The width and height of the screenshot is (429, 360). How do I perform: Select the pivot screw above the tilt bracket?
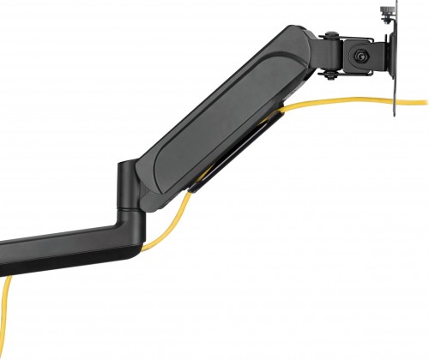(329, 35)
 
